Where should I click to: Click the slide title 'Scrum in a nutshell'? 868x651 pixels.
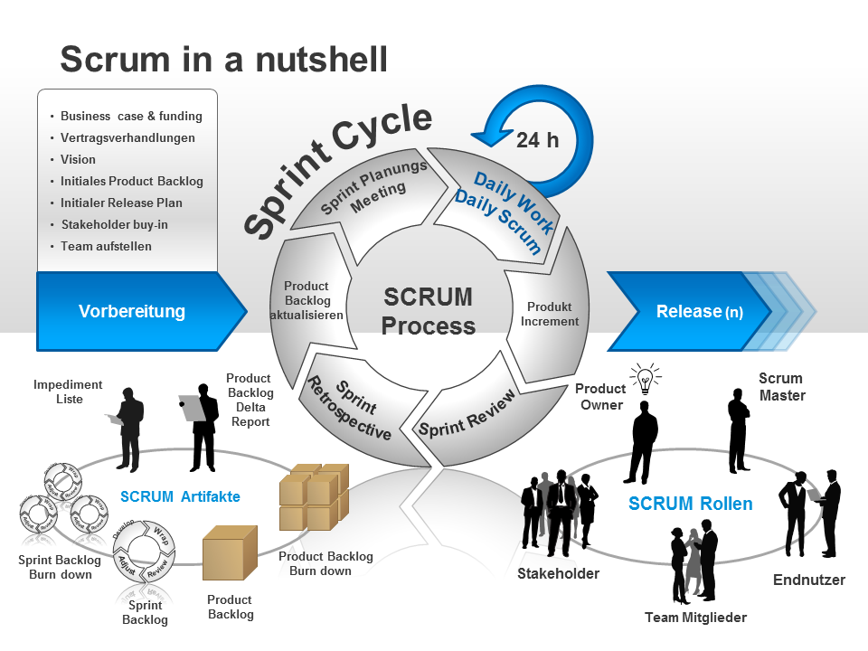point(223,60)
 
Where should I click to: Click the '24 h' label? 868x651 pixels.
point(537,139)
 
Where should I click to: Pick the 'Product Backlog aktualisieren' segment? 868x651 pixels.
point(307,301)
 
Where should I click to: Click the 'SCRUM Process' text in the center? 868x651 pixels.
point(429,311)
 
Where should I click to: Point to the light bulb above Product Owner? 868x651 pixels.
point(645,380)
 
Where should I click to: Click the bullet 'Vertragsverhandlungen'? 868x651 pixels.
point(127,137)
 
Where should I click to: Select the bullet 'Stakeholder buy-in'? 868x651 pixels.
point(114,224)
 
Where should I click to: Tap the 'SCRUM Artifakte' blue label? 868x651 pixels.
point(180,496)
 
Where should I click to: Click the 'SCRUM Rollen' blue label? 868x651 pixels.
point(690,504)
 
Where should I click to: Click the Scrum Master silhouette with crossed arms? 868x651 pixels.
point(739,429)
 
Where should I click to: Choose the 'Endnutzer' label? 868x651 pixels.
point(808,580)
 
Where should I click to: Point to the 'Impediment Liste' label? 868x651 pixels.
point(68,392)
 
